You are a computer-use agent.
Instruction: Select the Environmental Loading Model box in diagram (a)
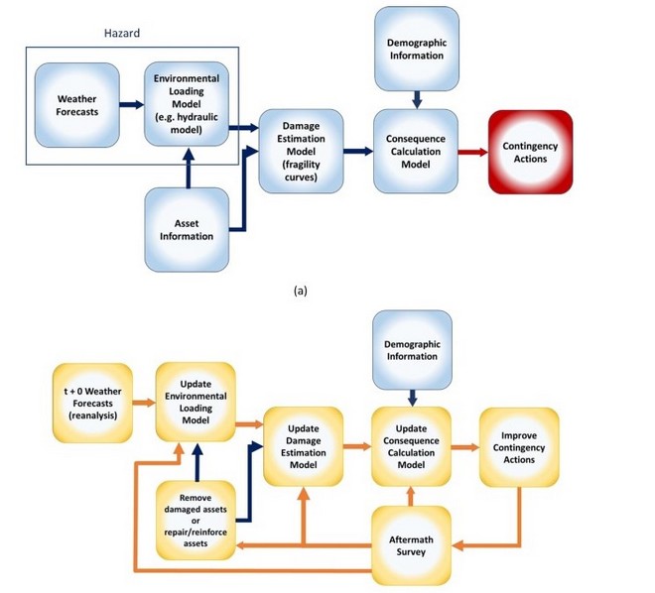pyautogui.click(x=187, y=103)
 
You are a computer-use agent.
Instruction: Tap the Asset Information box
pyautogui.click(x=187, y=229)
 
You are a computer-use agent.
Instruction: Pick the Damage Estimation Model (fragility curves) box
pyautogui.click(x=300, y=151)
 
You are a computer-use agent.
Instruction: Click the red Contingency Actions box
pyautogui.click(x=530, y=152)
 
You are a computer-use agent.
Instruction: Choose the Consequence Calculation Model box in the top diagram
pyautogui.click(x=416, y=151)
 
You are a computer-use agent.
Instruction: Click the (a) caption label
pyautogui.click(x=300, y=293)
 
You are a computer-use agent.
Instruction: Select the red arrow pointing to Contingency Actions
pyautogui.click(x=471, y=152)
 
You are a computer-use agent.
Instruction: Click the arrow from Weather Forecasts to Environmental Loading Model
pyautogui.click(x=131, y=103)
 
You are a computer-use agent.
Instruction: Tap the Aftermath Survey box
pyautogui.click(x=411, y=543)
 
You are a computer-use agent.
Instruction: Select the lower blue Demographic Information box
pyautogui.click(x=411, y=350)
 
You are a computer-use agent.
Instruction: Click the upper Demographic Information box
pyautogui.click(x=416, y=49)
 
